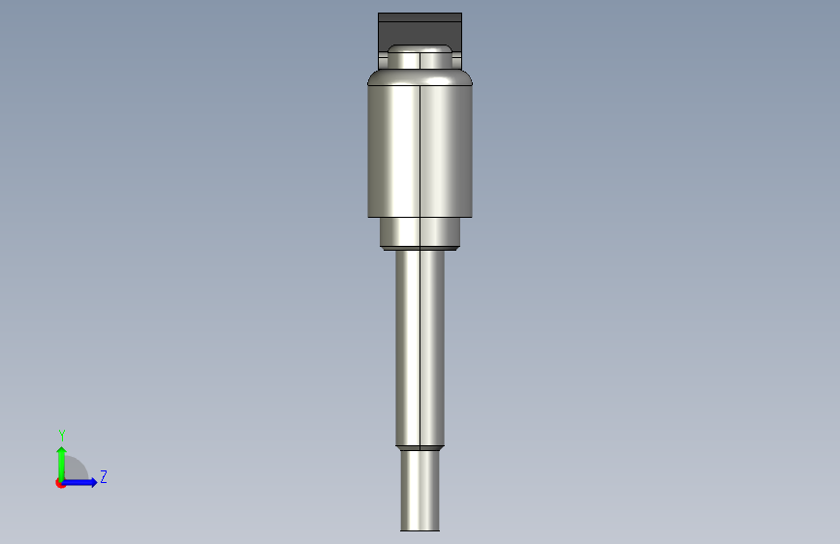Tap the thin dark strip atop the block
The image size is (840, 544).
coord(420,17)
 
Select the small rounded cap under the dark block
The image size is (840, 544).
coord(420,57)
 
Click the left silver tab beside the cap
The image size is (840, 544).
coord(383,61)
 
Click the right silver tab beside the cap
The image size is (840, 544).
coord(457,61)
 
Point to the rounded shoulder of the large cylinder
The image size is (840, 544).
coord(420,77)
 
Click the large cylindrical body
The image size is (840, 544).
coord(420,151)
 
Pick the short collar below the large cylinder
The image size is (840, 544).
coord(420,232)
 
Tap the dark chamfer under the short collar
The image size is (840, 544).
coord(420,249)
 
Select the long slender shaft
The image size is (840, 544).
coord(420,348)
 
